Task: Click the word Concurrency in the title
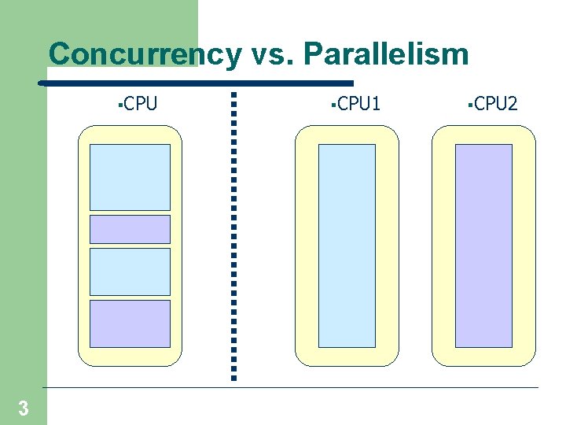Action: pos(145,55)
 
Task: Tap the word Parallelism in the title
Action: pos(385,55)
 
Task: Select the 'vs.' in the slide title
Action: pos(271,55)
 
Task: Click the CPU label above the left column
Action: pos(141,103)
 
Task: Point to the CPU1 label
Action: pos(358,103)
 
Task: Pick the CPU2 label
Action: pos(496,103)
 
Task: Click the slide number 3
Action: pos(24,408)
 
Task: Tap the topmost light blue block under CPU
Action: pos(130,177)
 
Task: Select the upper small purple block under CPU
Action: pos(130,229)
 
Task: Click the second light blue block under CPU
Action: pos(130,272)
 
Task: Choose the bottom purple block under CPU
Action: pos(130,323)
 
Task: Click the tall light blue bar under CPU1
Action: pos(347,246)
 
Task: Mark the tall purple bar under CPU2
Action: pos(483,246)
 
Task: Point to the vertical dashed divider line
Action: pos(233,236)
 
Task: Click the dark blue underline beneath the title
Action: pos(197,83)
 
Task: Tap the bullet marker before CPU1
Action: pos(333,103)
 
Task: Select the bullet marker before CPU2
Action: pos(469,103)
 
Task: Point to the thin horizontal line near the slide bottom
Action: pos(291,387)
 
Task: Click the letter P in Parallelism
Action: pos(313,55)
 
